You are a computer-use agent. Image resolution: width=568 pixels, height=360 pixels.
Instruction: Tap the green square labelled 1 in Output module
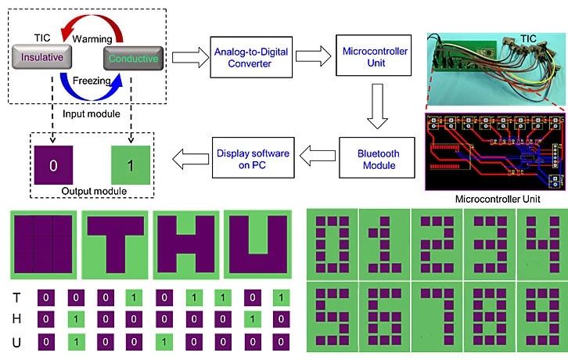(131, 166)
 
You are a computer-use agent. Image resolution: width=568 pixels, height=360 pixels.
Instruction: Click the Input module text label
(92, 114)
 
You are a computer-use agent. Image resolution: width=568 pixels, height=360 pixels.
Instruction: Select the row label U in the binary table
(17, 342)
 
